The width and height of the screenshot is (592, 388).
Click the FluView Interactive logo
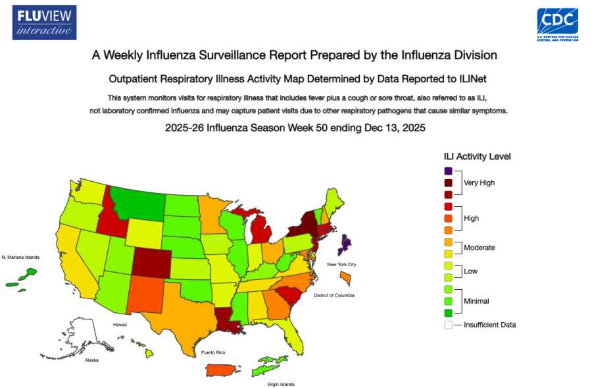tap(44, 22)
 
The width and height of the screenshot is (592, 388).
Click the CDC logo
tap(557, 25)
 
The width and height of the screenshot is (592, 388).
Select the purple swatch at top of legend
tap(448, 171)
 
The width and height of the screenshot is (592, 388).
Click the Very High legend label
tap(480, 182)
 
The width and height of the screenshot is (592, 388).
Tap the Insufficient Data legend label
tap(489, 325)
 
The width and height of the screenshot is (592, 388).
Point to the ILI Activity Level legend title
tap(477, 156)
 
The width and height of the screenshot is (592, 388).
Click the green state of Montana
tap(137, 198)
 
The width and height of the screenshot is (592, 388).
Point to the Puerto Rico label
tap(212, 354)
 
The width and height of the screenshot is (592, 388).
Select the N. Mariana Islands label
tap(20, 257)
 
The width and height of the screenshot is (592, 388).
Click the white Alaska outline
tap(82, 336)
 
